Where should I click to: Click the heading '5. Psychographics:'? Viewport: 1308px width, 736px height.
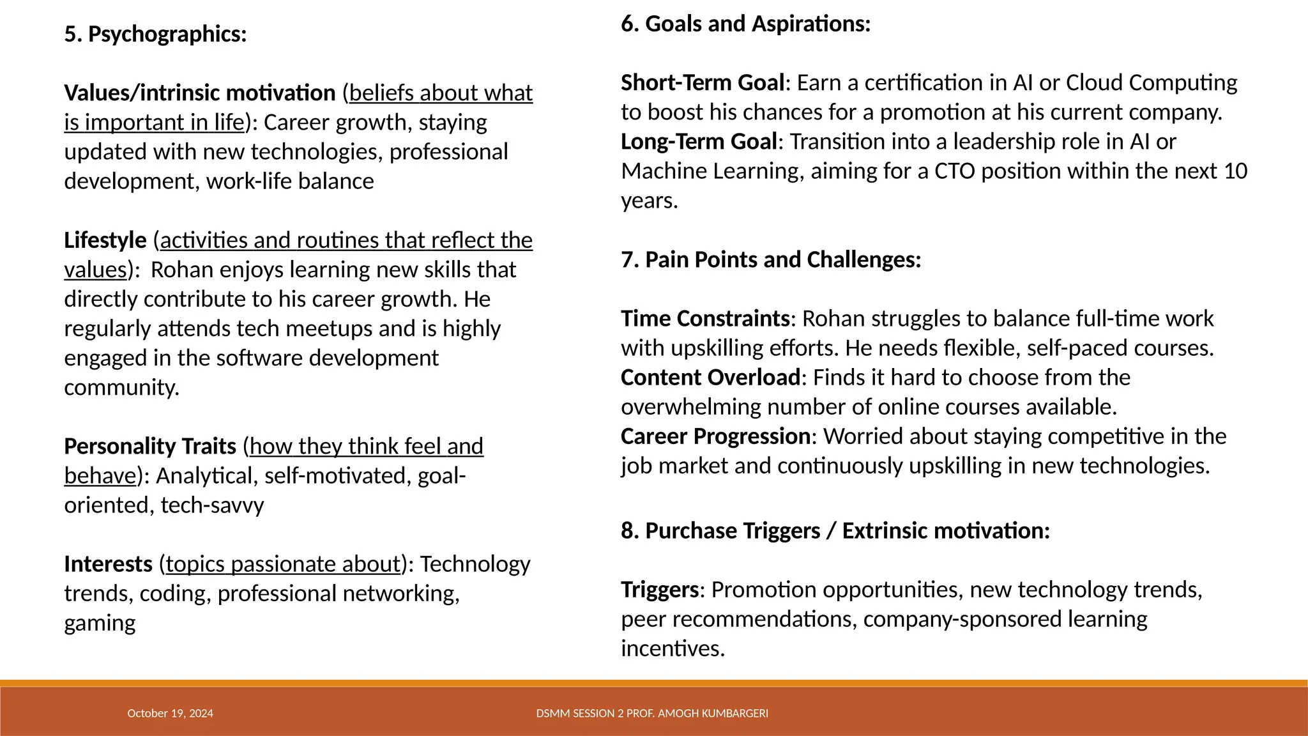tap(155, 34)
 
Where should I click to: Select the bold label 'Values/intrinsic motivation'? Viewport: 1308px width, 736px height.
tap(199, 93)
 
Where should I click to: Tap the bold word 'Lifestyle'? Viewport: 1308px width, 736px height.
tap(105, 241)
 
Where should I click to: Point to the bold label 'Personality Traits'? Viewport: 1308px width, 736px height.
tap(150, 447)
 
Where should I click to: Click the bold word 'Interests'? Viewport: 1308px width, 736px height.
tap(108, 565)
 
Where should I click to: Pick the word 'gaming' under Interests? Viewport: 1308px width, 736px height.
tap(100, 624)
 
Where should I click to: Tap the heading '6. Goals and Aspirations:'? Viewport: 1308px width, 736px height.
tap(745, 24)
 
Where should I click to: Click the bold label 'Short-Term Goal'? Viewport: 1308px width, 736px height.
tap(703, 83)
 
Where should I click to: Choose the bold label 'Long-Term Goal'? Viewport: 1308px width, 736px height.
tap(699, 142)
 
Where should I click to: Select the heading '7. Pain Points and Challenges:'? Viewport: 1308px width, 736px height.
tap(771, 260)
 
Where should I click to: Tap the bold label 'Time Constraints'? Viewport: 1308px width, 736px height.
tap(705, 319)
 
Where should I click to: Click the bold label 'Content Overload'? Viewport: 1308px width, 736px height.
tap(710, 378)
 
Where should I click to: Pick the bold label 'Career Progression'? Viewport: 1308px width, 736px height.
tap(715, 436)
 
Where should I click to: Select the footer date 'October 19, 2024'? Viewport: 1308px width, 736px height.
tap(170, 714)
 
